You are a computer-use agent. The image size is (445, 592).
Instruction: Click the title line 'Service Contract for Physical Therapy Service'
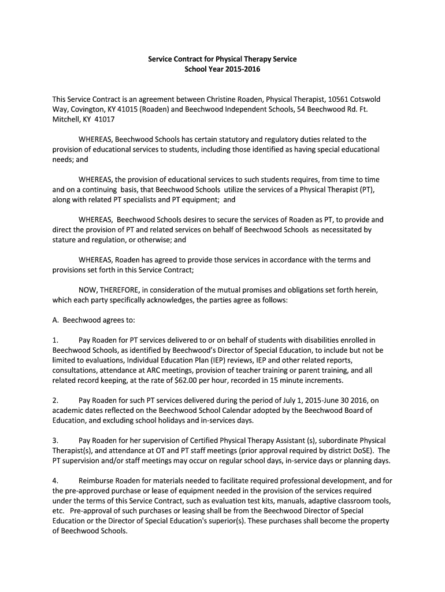click(x=222, y=59)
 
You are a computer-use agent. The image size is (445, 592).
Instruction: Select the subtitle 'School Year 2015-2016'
click(x=222, y=69)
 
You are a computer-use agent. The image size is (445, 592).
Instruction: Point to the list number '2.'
click(x=55, y=400)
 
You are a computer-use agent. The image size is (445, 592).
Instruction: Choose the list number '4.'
click(x=55, y=480)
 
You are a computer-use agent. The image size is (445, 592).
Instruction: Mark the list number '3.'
click(x=55, y=441)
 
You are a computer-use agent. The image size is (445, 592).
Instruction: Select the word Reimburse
click(x=98, y=480)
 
